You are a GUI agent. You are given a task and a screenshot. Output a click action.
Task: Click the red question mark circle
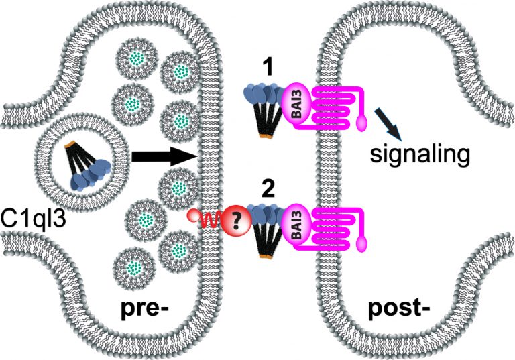pos(237,219)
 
